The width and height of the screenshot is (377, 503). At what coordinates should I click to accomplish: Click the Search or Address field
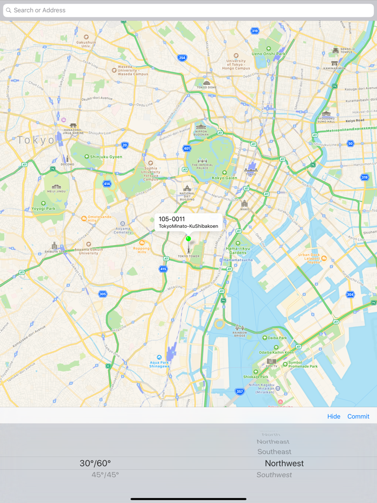188,10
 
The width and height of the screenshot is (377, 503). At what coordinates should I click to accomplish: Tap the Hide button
333,416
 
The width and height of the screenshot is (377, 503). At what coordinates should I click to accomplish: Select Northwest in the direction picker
284,463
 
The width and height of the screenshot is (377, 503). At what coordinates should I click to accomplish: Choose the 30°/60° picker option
95,463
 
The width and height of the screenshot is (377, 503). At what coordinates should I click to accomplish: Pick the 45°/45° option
105,475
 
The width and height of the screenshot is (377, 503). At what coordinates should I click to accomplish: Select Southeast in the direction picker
274,452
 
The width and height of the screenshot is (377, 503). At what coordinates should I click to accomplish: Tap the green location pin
188,239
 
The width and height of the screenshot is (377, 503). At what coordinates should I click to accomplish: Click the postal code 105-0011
172,219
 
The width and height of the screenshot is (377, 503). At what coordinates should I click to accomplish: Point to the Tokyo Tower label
188,256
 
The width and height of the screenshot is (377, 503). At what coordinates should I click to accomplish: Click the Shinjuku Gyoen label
106,157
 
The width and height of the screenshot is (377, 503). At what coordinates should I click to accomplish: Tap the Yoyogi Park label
43,208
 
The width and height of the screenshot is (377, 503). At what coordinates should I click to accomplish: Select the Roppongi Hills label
142,249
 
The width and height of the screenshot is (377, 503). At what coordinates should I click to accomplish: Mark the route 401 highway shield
187,149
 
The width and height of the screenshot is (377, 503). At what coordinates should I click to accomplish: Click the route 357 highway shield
240,392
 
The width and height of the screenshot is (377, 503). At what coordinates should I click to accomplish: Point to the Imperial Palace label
203,165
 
